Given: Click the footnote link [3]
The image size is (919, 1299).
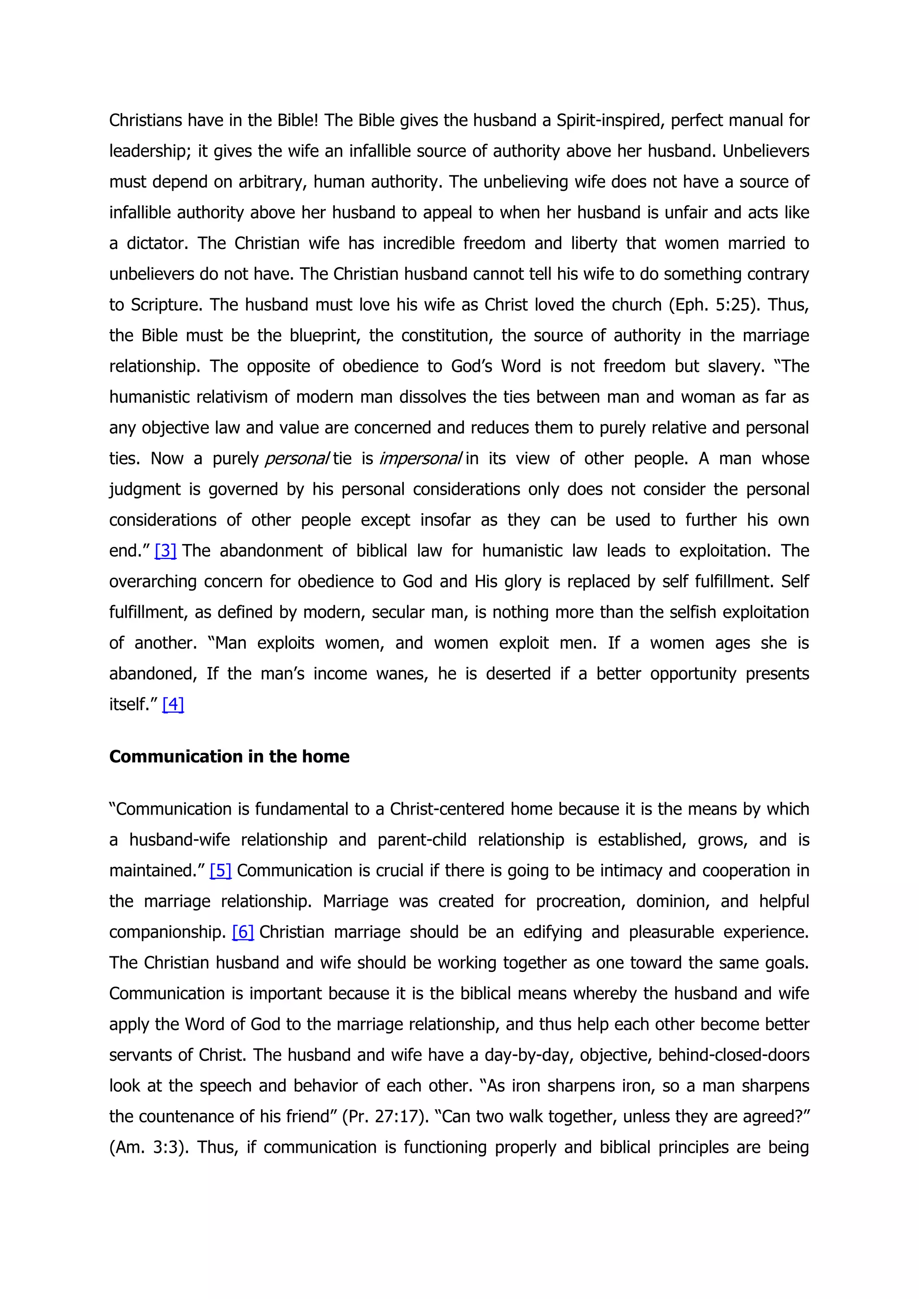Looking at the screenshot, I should pos(165,551).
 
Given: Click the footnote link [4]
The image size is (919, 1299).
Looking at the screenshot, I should pos(173,704).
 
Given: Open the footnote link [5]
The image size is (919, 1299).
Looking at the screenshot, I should pos(220,871).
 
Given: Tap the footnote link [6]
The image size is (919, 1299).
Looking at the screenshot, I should pos(243,932).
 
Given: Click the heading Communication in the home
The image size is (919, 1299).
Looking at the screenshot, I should pos(229,756).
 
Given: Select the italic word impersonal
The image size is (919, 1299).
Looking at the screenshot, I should pos(420,459).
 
